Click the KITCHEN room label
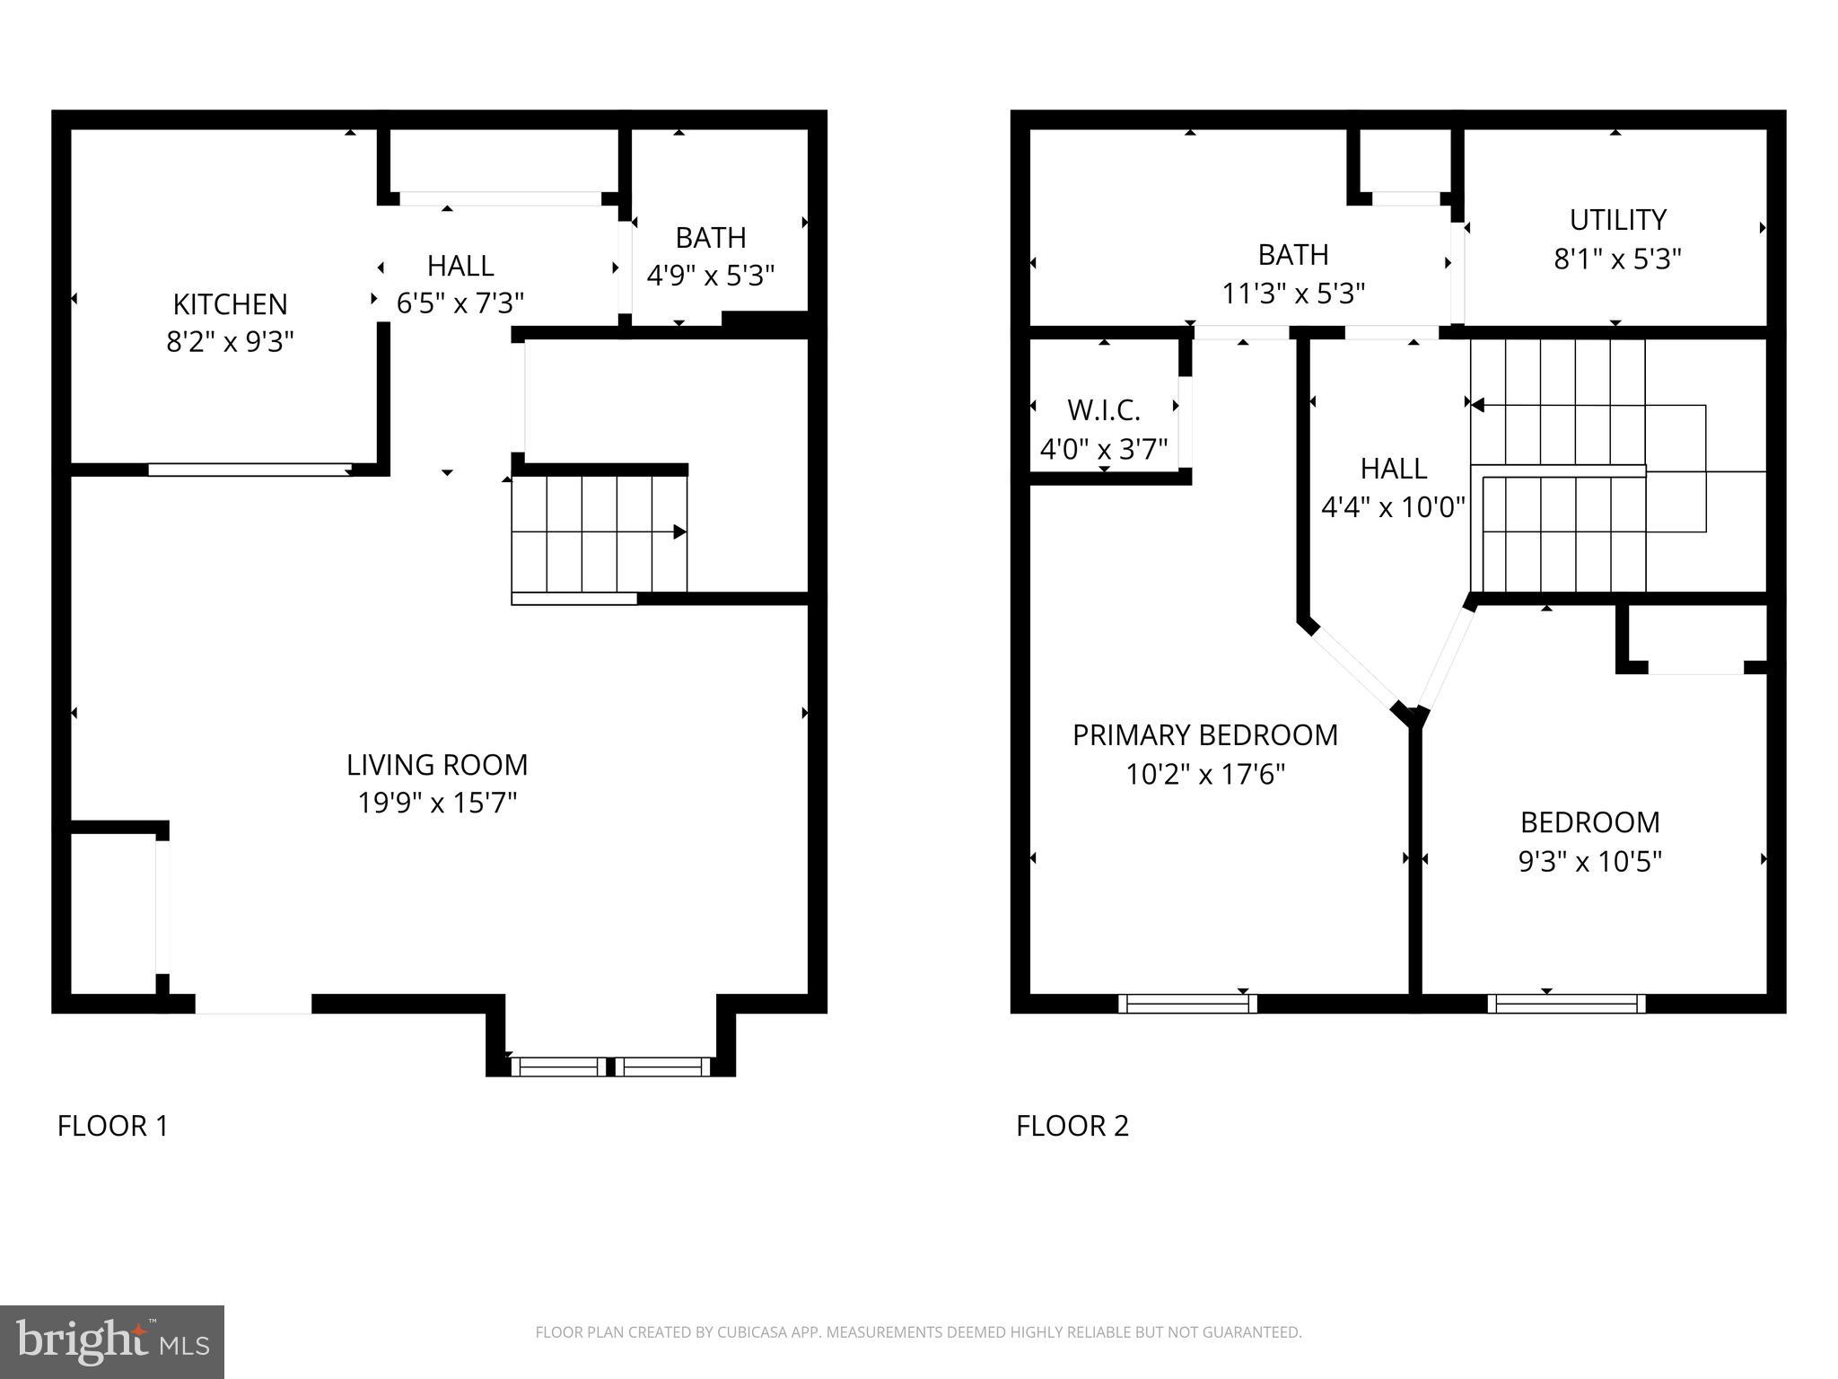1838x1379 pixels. tap(230, 304)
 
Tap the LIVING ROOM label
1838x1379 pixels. tap(437, 765)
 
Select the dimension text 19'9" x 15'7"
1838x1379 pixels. tap(437, 803)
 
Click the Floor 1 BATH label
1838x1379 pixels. tap(710, 238)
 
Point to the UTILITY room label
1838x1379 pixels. tap(1617, 220)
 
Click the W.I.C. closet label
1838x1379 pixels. tap(1103, 411)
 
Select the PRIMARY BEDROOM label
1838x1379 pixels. tap(1204, 735)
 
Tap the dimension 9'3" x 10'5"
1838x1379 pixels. tap(1589, 862)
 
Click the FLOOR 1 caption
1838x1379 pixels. tap(113, 1126)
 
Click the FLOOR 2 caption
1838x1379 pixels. tap(1072, 1126)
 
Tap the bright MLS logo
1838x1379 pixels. tap(111, 1341)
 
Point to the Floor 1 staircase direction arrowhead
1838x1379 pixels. tap(679, 532)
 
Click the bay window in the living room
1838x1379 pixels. tap(610, 1067)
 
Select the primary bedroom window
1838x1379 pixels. tap(1187, 1004)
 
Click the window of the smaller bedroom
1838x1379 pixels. tap(1566, 1004)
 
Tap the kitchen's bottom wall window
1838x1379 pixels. tap(249, 470)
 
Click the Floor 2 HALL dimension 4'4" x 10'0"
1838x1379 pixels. tap(1392, 508)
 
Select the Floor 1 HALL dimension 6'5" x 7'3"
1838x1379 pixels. tap(459, 303)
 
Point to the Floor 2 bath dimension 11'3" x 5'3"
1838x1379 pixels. tap(1292, 294)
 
